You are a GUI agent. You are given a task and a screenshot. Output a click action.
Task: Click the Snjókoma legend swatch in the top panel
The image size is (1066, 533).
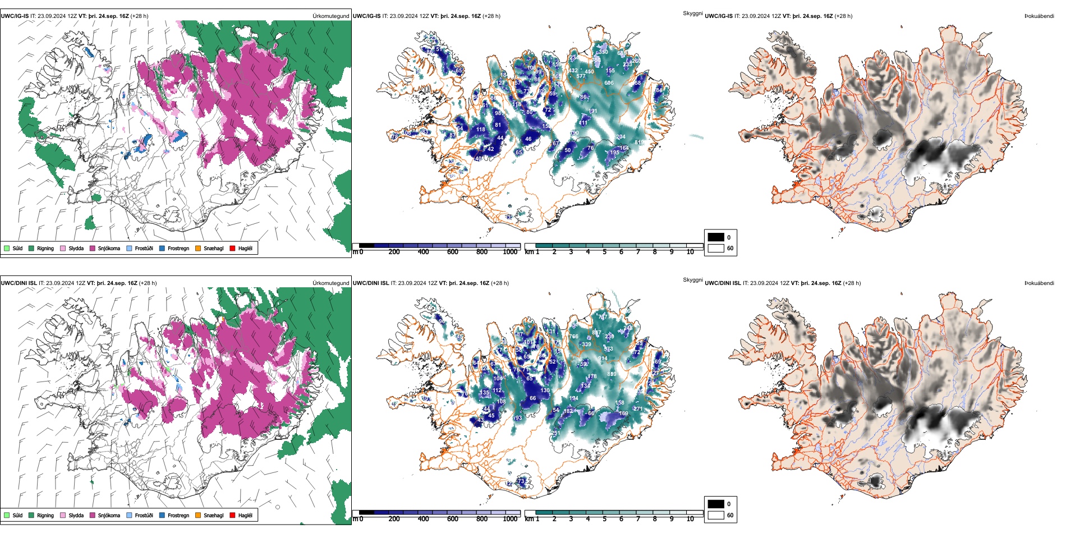93,248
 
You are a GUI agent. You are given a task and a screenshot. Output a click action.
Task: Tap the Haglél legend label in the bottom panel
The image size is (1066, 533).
245,515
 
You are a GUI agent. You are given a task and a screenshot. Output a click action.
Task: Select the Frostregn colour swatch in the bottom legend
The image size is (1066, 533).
162,515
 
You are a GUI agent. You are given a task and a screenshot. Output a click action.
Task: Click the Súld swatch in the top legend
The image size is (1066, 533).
7,248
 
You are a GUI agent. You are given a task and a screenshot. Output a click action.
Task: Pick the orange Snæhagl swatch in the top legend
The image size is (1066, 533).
198,248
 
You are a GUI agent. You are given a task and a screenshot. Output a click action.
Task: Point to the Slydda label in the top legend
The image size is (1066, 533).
76,248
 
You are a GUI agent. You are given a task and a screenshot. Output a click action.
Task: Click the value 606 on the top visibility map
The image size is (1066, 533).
609,83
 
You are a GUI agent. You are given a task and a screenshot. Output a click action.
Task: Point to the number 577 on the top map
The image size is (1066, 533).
581,76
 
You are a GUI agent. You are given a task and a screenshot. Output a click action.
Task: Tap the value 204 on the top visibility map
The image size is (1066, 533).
621,137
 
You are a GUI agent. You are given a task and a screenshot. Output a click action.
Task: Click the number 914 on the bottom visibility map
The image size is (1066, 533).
603,359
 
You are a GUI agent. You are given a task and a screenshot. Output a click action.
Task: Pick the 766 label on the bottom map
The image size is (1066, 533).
573,337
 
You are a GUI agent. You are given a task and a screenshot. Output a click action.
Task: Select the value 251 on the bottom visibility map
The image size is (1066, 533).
556,433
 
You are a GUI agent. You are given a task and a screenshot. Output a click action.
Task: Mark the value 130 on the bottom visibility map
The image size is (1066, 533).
545,390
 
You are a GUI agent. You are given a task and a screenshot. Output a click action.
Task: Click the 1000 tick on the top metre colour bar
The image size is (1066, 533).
510,252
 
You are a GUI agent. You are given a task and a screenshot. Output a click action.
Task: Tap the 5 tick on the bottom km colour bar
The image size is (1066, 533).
605,519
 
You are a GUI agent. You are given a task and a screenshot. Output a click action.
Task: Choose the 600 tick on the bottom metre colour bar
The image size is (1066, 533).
453,519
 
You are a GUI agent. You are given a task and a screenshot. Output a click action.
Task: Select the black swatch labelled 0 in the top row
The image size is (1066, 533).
716,237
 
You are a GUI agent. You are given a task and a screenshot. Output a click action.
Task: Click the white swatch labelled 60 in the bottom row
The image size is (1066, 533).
716,515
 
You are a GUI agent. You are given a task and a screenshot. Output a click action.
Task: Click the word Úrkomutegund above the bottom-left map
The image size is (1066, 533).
330,283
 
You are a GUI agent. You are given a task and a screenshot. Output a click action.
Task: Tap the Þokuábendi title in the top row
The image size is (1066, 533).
1039,16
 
